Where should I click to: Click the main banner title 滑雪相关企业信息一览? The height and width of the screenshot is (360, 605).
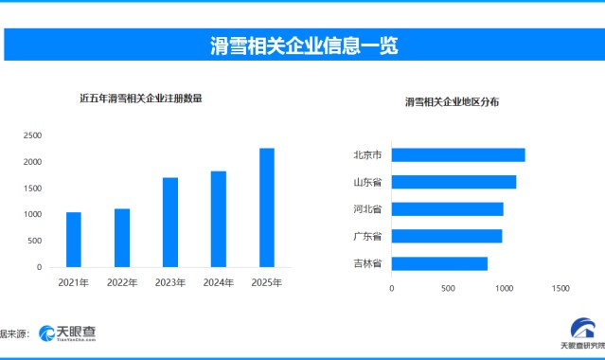pyautogui.click(x=303, y=44)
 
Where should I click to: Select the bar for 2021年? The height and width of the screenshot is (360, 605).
pyautogui.click(x=73, y=240)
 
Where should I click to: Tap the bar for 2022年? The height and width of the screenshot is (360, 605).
pyautogui.click(x=122, y=238)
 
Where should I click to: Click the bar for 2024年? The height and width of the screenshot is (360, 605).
pyautogui.click(x=219, y=219)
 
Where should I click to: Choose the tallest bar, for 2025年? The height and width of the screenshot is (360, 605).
pyautogui.click(x=267, y=207)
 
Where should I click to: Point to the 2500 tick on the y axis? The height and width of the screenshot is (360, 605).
pyautogui.click(x=32, y=135)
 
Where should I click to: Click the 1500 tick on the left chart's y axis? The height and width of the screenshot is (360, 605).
pyautogui.click(x=32, y=189)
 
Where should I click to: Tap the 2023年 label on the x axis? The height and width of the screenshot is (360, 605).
pyautogui.click(x=170, y=282)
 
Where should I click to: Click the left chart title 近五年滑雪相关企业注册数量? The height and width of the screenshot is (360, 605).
pyautogui.click(x=141, y=98)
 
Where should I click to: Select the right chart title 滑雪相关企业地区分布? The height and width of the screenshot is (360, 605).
pyautogui.click(x=453, y=101)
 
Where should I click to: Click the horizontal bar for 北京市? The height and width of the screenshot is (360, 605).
pyautogui.click(x=457, y=154)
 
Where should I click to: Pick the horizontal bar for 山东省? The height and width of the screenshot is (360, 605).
pyautogui.click(x=454, y=182)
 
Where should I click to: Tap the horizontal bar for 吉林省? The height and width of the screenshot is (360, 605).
pyautogui.click(x=439, y=263)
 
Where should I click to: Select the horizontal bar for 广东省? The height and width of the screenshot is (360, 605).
pyautogui.click(x=446, y=236)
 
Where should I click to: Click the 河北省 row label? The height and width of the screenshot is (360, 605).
pyautogui.click(x=366, y=208)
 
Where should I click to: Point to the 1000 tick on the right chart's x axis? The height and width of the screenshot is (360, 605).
pyautogui.click(x=504, y=288)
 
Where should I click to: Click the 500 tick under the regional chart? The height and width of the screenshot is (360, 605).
pyautogui.click(x=448, y=288)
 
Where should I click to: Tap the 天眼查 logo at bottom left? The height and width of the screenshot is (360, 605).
pyautogui.click(x=67, y=333)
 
